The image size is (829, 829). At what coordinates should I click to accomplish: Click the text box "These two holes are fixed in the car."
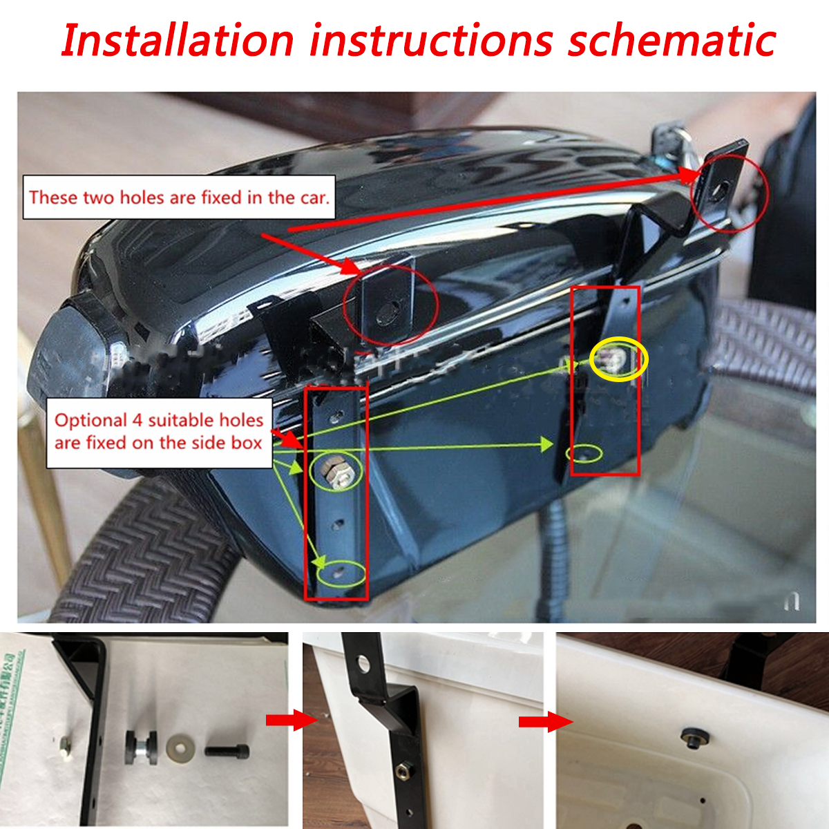click(x=179, y=198)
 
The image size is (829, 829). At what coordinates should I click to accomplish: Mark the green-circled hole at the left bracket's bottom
click(x=339, y=572)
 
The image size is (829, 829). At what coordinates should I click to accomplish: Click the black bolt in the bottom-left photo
click(x=227, y=750)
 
